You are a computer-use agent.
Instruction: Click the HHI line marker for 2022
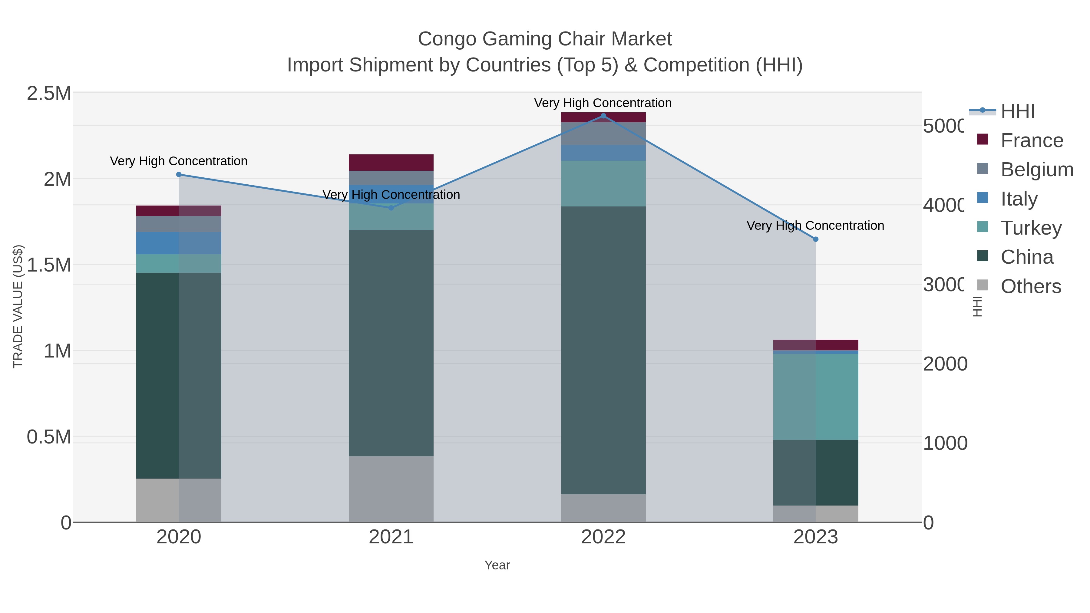click(x=603, y=116)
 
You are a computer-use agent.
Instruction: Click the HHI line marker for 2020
click(x=179, y=174)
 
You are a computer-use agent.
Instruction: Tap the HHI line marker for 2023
click(x=816, y=239)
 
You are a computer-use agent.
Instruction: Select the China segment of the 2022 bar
click(x=603, y=350)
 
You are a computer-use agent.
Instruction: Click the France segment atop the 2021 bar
click(x=391, y=163)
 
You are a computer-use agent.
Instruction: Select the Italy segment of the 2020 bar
click(x=179, y=243)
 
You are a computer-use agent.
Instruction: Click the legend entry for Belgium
click(x=1037, y=169)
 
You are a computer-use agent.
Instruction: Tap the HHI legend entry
click(x=1018, y=111)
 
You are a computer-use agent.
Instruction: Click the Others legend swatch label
click(x=1031, y=286)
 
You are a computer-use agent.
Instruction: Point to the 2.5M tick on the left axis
click(x=49, y=94)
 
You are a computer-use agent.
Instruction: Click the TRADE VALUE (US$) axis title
click(x=18, y=306)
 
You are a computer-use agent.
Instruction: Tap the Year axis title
click(x=497, y=565)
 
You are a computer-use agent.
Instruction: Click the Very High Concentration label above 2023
click(x=815, y=226)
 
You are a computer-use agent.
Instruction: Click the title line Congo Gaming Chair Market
click(x=545, y=39)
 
